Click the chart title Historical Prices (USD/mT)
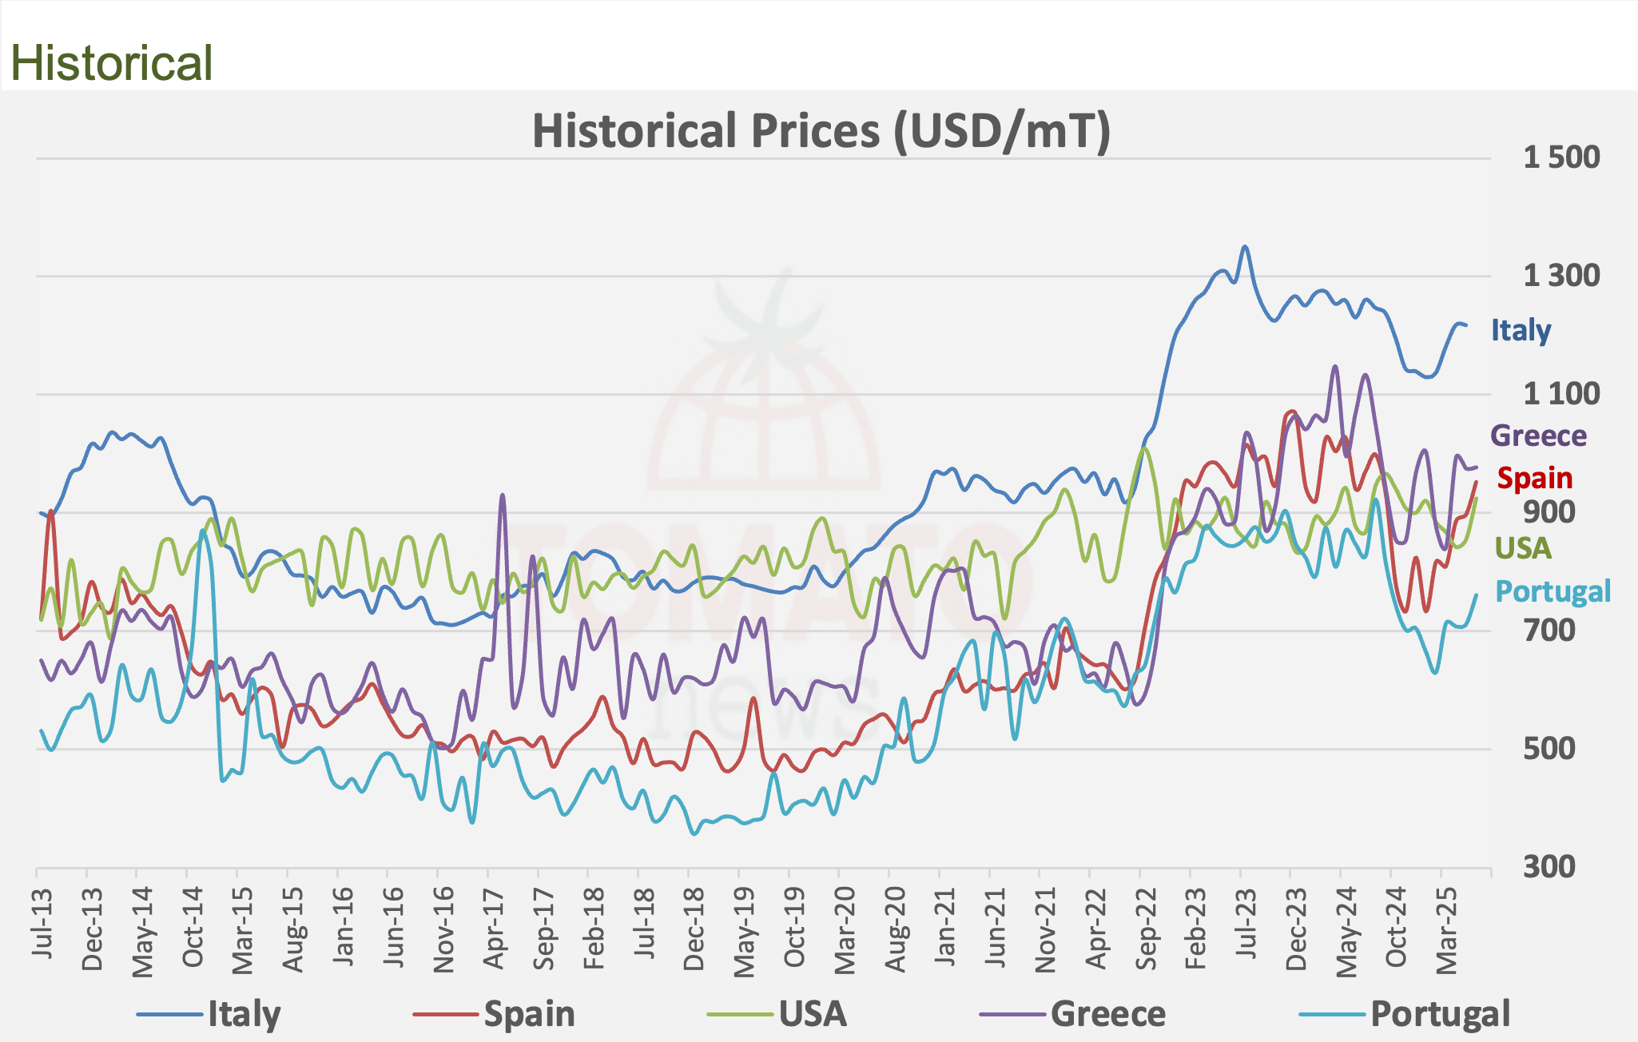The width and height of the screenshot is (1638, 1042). pyautogui.click(x=821, y=131)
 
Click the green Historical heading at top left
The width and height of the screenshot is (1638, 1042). pyautogui.click(x=111, y=63)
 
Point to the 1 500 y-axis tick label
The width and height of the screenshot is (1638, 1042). pyautogui.click(x=1560, y=157)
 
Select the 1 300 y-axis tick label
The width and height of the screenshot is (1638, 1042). pyautogui.click(x=1560, y=276)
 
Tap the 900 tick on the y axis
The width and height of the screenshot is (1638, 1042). pyautogui.click(x=1549, y=512)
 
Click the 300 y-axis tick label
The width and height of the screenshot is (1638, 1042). pyautogui.click(x=1549, y=867)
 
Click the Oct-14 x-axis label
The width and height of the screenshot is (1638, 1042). pyautogui.click(x=193, y=926)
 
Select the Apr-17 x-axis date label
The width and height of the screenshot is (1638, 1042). pyautogui.click(x=495, y=926)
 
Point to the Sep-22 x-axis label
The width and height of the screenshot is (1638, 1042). pyautogui.click(x=1147, y=926)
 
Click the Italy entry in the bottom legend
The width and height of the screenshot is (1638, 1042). pyautogui.click(x=244, y=1015)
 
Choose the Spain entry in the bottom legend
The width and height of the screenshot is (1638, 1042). pyautogui.click(x=529, y=1015)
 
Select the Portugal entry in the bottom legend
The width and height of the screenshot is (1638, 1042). pyautogui.click(x=1440, y=1015)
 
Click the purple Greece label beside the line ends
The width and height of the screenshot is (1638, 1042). pyautogui.click(x=1538, y=436)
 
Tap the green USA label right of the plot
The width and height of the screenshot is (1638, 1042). pyautogui.click(x=1523, y=548)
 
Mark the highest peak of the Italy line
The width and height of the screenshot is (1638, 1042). pyautogui.click(x=1244, y=247)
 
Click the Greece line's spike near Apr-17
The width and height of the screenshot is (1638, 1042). pyautogui.click(x=502, y=495)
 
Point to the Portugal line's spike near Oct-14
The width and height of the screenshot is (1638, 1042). pyautogui.click(x=203, y=531)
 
